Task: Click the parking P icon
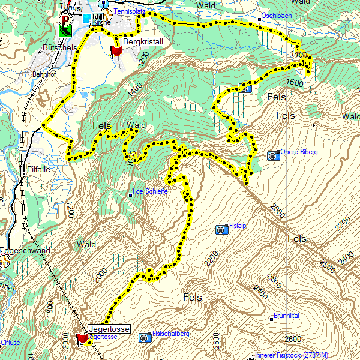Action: pos(65,19)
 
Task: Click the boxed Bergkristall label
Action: pos(142,41)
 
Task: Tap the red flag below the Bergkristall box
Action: pos(116,52)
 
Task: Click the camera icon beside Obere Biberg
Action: pos(272,156)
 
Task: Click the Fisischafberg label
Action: pos(171,334)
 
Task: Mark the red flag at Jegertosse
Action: pos(81,340)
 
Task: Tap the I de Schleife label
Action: pos(151,191)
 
